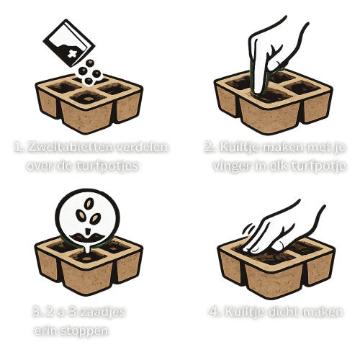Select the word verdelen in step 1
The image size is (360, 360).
point(144,147)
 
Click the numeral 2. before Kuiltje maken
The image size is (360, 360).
point(207,147)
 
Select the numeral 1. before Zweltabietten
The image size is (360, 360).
point(19,147)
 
